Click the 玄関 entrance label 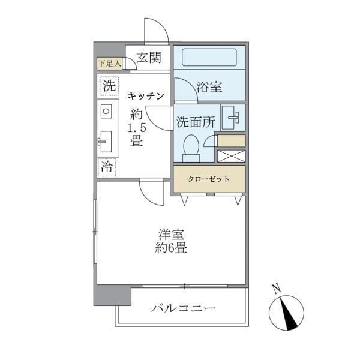(x=148, y=58)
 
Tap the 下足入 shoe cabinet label (x=110, y=62)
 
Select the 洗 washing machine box (x=109, y=86)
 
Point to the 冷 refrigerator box (x=107, y=167)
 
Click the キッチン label (x=145, y=95)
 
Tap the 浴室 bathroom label (x=209, y=87)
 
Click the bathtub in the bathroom (x=209, y=58)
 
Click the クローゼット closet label (x=209, y=179)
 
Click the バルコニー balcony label (x=183, y=309)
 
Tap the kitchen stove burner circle (x=106, y=112)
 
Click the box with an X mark (x=231, y=156)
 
